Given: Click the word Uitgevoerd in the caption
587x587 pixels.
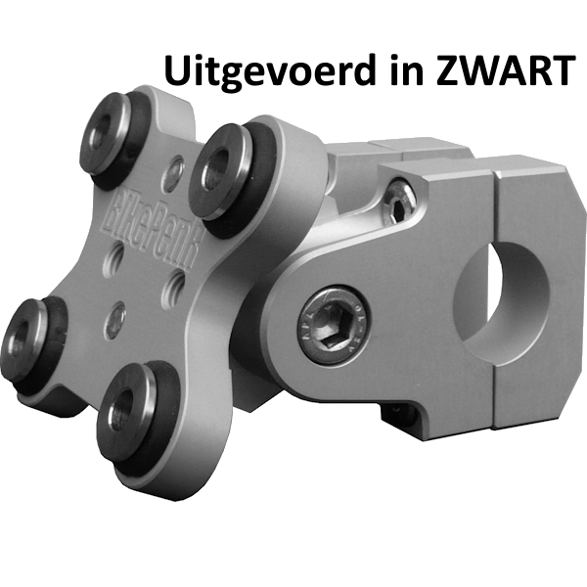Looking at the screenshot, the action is pos(269,70).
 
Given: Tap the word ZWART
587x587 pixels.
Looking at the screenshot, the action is pos(506,70).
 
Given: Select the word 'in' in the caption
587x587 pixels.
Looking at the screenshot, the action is pos(407,70).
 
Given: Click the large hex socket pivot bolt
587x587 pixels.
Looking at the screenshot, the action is pos(333,324).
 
